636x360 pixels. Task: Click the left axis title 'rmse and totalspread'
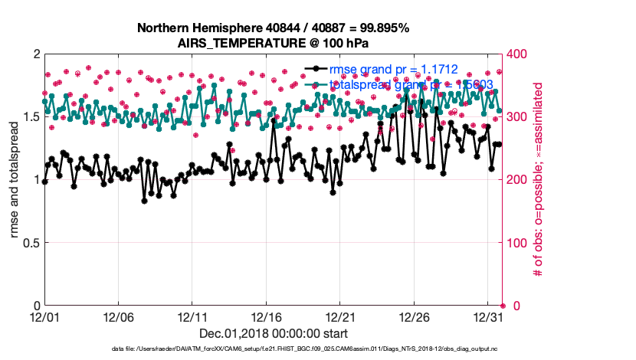[x=15, y=180]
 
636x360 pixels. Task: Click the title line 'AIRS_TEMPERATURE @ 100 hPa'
[x=273, y=42]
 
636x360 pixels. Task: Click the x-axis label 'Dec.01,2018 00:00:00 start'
[x=273, y=333]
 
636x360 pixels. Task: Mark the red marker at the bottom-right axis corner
[x=503, y=306]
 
